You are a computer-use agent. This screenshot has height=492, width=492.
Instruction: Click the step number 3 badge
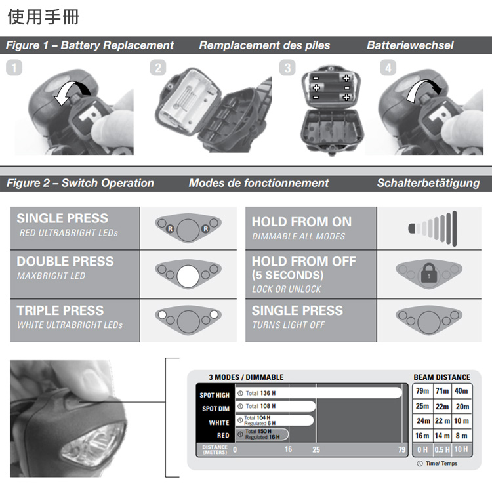point(287,68)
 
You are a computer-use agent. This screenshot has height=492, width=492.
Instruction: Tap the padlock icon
point(429,273)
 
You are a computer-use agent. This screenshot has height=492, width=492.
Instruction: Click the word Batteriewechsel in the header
point(410,45)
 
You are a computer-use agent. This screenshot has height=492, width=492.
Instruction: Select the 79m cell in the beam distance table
point(422,391)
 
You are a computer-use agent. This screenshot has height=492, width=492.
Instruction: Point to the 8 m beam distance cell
point(462,436)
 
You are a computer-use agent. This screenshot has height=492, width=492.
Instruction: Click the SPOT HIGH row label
point(215,395)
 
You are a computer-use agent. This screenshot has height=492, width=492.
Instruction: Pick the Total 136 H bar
point(318,393)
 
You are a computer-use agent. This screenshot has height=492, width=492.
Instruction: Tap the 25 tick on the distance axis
point(316,449)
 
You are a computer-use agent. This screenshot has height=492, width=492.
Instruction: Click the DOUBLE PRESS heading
point(65,261)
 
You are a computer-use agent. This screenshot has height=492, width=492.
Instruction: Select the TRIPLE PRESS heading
point(60,311)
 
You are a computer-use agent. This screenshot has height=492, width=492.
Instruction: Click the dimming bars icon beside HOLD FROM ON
point(432,228)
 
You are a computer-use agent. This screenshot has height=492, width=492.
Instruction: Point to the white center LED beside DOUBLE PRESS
point(188,276)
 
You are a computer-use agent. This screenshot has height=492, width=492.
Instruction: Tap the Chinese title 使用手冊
point(43,16)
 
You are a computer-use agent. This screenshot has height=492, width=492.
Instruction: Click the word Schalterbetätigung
point(428,183)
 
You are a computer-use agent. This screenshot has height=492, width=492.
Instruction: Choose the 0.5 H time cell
point(442,449)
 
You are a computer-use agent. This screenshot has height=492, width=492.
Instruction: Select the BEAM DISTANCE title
point(441,377)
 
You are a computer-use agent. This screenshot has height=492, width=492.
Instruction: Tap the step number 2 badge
point(158,68)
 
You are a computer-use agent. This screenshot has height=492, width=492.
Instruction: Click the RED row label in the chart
point(223,436)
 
